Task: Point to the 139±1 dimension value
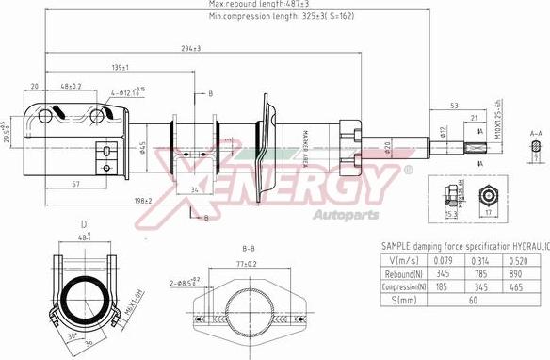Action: [x=119, y=68]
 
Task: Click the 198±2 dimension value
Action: [x=144, y=201]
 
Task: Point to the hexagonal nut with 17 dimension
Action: [x=488, y=197]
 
